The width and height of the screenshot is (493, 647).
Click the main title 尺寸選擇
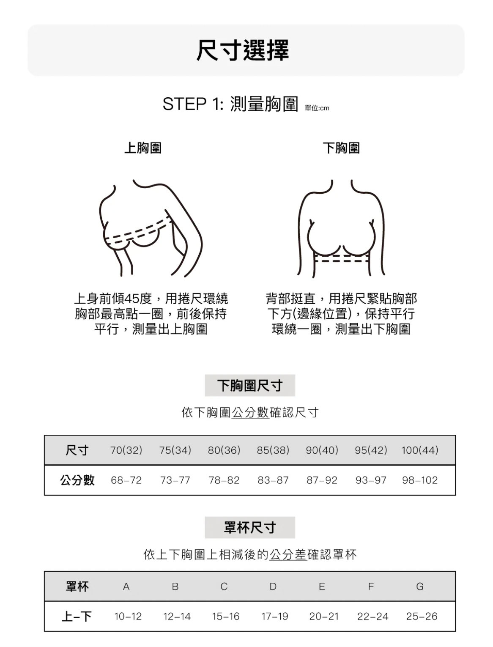click(x=243, y=50)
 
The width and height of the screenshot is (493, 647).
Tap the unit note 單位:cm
click(x=317, y=108)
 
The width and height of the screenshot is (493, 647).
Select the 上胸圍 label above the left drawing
click(x=143, y=148)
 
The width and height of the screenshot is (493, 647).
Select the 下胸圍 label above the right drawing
click(x=341, y=148)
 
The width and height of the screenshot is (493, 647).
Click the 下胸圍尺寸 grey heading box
click(x=250, y=385)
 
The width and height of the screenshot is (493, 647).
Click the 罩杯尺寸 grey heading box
click(x=250, y=527)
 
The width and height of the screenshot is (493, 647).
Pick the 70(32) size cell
click(x=126, y=450)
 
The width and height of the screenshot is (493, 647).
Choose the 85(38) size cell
click(x=273, y=450)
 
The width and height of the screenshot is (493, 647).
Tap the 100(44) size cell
click(x=419, y=450)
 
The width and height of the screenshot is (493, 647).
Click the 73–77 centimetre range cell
click(x=175, y=480)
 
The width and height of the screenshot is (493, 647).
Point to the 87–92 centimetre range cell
click(x=322, y=480)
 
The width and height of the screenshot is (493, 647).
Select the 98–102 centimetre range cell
click(x=419, y=480)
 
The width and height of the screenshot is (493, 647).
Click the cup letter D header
click(x=273, y=587)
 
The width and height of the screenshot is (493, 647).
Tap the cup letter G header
click(x=419, y=587)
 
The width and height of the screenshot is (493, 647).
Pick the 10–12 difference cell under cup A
click(x=128, y=617)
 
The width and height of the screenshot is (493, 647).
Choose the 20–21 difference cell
click(x=324, y=617)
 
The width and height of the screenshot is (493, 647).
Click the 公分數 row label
click(x=77, y=480)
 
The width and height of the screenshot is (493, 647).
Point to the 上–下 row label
click(x=77, y=617)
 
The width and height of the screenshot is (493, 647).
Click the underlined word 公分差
click(x=288, y=554)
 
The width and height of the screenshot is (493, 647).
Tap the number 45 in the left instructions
click(x=132, y=299)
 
